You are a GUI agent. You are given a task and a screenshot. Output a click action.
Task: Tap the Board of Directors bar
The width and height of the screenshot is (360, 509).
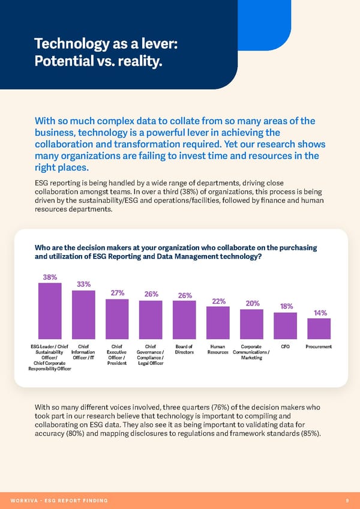coord(184,321)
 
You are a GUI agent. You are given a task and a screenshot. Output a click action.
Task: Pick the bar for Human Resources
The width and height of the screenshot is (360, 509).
coord(218,324)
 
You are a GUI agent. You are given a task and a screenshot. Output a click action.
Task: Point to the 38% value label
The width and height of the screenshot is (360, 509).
coord(50,277)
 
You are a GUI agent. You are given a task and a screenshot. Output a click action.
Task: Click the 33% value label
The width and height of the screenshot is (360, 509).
coord(83,285)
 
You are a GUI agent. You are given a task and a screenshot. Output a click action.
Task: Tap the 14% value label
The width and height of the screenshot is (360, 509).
coord(320,313)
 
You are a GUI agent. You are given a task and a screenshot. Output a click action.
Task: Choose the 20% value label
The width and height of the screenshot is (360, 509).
coord(252,304)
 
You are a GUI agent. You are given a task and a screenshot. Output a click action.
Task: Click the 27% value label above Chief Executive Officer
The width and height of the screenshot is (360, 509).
coord(117,293)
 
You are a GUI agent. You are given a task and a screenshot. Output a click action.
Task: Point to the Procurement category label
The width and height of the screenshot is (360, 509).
coord(319,347)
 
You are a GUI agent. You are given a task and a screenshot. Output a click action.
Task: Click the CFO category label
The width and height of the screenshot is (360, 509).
coord(285,347)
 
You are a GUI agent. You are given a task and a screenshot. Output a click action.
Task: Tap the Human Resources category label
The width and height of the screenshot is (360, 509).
coord(218,350)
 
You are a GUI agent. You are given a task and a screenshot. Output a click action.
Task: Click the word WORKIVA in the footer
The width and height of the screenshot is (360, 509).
coord(23,500)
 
